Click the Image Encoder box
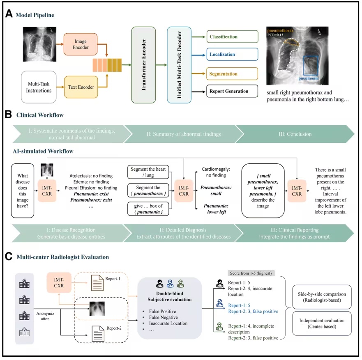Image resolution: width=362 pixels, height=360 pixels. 81,44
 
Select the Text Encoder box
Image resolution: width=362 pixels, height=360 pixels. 81,87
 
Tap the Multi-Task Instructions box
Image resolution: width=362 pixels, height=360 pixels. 39,87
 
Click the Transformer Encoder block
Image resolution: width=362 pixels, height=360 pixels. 143,65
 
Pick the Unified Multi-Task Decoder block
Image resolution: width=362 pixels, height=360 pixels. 179,65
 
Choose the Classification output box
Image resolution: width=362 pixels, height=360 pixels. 232,37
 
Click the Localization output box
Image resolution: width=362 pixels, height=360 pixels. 232,55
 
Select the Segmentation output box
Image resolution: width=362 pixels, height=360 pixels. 232,74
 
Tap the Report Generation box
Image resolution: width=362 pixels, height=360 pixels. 232,91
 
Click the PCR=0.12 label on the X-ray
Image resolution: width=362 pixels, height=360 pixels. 275,35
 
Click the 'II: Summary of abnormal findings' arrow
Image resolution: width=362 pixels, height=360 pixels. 184,134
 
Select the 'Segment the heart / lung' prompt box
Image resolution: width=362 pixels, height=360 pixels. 148,172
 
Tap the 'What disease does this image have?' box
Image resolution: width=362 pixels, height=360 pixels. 23,191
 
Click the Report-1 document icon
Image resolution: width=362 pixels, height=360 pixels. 97,283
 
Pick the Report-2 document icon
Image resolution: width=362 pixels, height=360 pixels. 98,334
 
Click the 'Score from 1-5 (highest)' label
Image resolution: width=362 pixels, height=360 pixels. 251,273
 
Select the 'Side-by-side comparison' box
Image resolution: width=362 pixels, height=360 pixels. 322,297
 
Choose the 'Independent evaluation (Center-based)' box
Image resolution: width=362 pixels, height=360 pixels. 322,323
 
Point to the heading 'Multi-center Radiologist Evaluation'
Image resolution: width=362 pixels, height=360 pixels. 63,257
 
